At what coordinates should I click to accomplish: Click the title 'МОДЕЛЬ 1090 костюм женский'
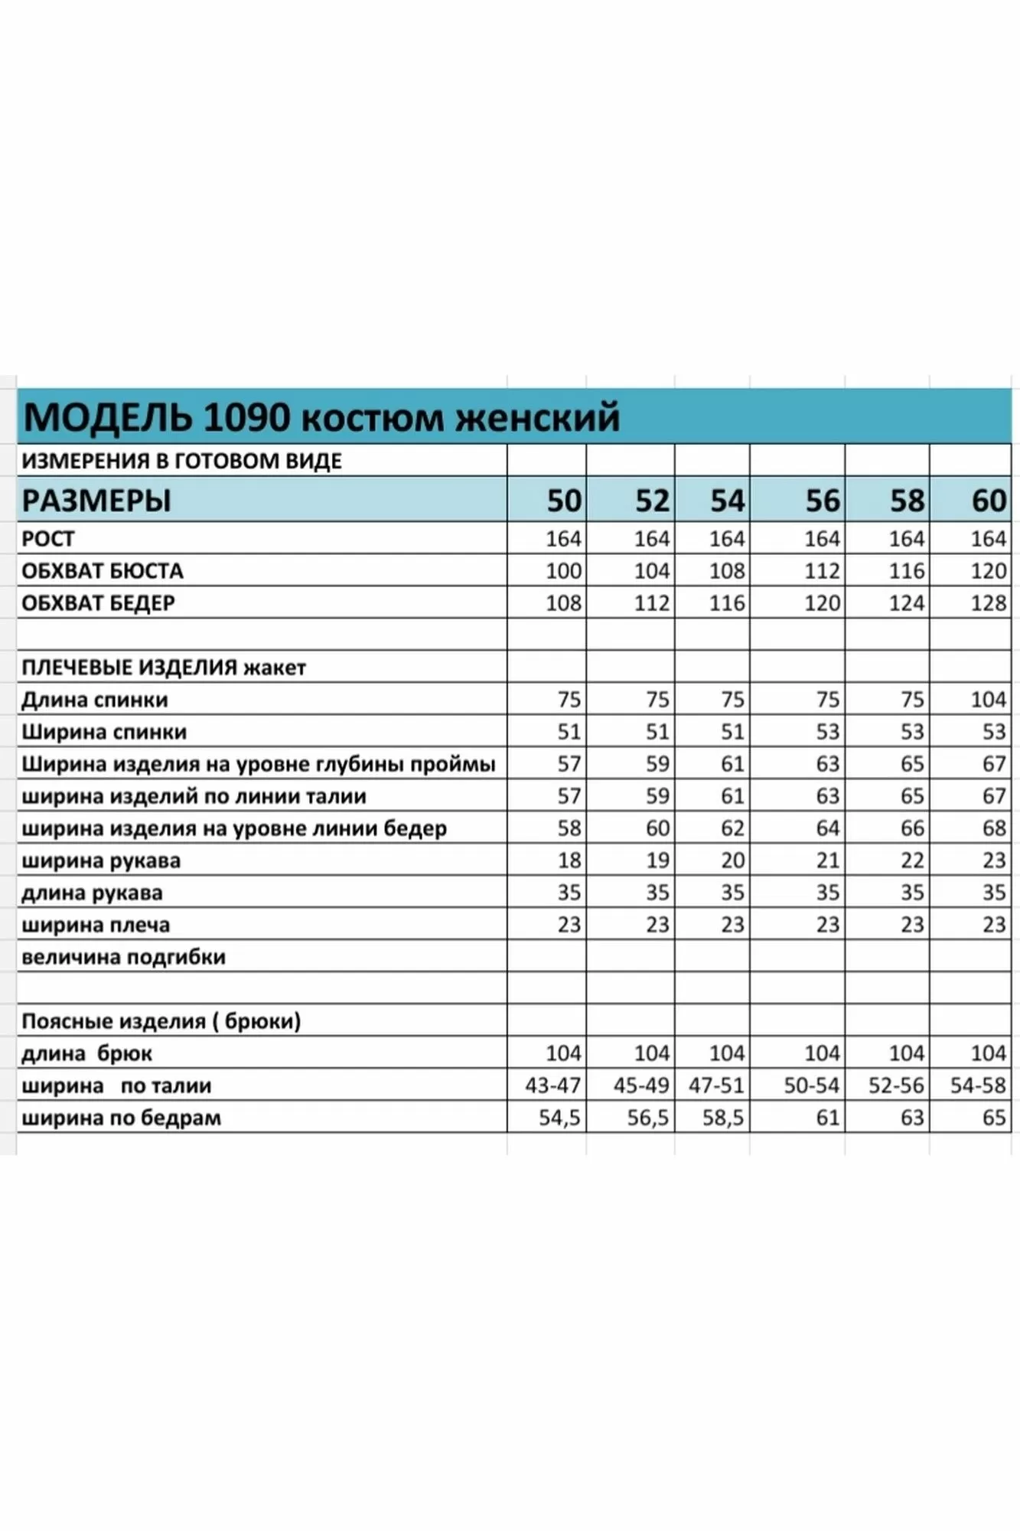coord(321,418)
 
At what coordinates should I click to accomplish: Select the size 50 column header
coord(564,501)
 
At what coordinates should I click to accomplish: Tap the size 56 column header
coord(823,501)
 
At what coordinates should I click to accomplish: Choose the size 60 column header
coord(989,501)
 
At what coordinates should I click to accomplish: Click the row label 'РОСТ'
coord(47,539)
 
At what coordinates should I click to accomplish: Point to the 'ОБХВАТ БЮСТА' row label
coord(103,571)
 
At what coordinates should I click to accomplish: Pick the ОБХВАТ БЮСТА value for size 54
coord(726,571)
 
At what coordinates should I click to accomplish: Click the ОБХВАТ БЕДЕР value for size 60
coord(988,603)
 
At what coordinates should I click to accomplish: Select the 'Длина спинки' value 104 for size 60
coord(988,700)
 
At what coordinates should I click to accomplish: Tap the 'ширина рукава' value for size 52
coord(657,860)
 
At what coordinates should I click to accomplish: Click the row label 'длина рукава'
coord(92,893)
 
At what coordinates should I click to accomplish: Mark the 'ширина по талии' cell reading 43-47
coord(552,1085)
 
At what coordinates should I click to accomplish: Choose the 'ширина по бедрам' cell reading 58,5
coord(722,1118)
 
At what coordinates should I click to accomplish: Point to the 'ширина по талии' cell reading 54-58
coord(977,1085)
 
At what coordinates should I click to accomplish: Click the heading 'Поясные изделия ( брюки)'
coord(161,1021)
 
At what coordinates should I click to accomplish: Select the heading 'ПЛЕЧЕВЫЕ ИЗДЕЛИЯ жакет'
coord(164,668)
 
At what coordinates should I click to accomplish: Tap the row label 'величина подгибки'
coord(123,957)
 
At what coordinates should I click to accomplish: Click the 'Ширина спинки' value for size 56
coord(827,732)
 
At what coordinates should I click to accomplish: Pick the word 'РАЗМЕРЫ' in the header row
coord(96,501)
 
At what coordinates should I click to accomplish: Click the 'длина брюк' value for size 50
coord(563,1053)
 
